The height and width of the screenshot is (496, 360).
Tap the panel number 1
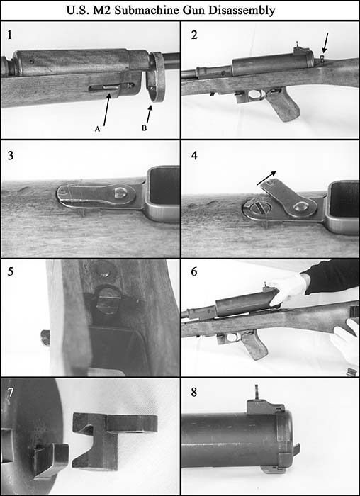(9, 34)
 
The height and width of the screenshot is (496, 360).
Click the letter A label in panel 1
(97, 130)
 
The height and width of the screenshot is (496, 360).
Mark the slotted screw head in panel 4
(254, 210)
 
